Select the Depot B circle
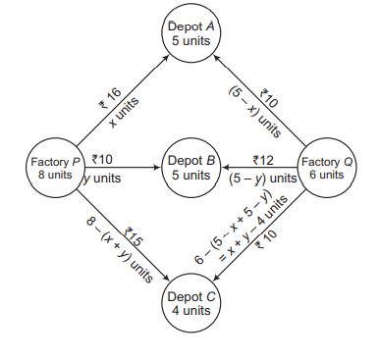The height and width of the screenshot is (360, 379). pyautogui.click(x=189, y=167)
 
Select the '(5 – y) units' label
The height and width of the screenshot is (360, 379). pyautogui.click(x=262, y=179)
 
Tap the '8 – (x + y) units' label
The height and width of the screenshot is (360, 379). pyautogui.click(x=113, y=251)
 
